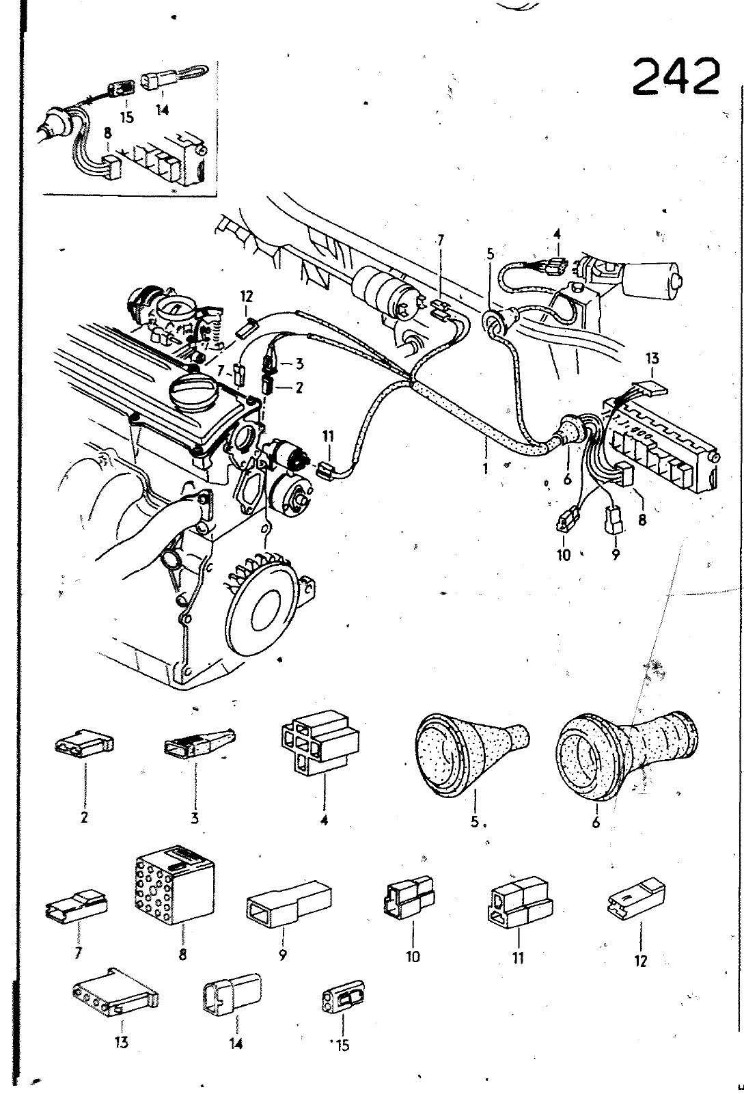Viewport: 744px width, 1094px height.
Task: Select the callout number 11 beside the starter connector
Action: coord(329,435)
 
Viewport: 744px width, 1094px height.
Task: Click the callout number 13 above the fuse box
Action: coord(652,359)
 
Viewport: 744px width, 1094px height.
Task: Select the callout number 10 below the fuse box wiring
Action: coord(563,555)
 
